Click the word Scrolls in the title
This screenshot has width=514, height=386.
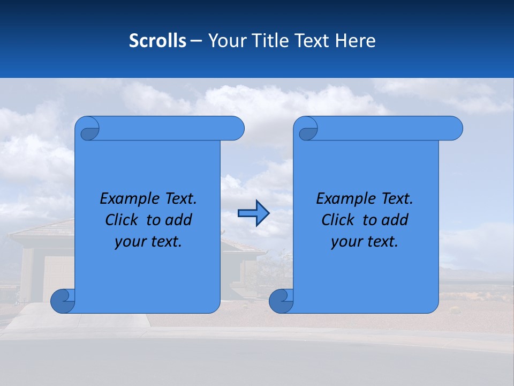pyautogui.click(x=157, y=41)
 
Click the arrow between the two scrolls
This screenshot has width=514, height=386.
pyautogui.click(x=253, y=213)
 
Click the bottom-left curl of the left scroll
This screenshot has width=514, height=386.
pyautogui.click(x=63, y=301)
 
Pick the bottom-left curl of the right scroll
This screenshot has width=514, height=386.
pyautogui.click(x=281, y=301)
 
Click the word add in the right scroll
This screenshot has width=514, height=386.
pyautogui.click(x=396, y=220)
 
